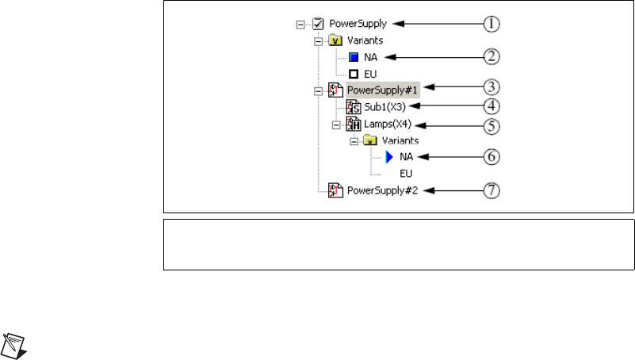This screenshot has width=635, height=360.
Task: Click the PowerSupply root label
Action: (369, 24)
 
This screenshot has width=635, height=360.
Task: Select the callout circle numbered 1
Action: (493, 24)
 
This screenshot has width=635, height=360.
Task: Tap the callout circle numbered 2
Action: (493, 56)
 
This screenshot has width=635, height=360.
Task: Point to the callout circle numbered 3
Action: (493, 86)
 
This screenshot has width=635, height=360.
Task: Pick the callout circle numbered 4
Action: (493, 105)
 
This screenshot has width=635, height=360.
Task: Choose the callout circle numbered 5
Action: (493, 124)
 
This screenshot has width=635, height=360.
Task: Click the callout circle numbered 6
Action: (493, 157)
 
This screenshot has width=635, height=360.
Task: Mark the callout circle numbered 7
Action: (493, 190)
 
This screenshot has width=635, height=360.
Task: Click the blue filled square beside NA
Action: (354, 57)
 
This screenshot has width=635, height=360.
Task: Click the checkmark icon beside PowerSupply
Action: (318, 24)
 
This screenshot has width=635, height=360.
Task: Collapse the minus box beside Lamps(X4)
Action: (335, 124)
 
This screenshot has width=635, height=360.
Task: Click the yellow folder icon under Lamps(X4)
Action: (369, 140)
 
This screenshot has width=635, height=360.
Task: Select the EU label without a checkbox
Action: (407, 172)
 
